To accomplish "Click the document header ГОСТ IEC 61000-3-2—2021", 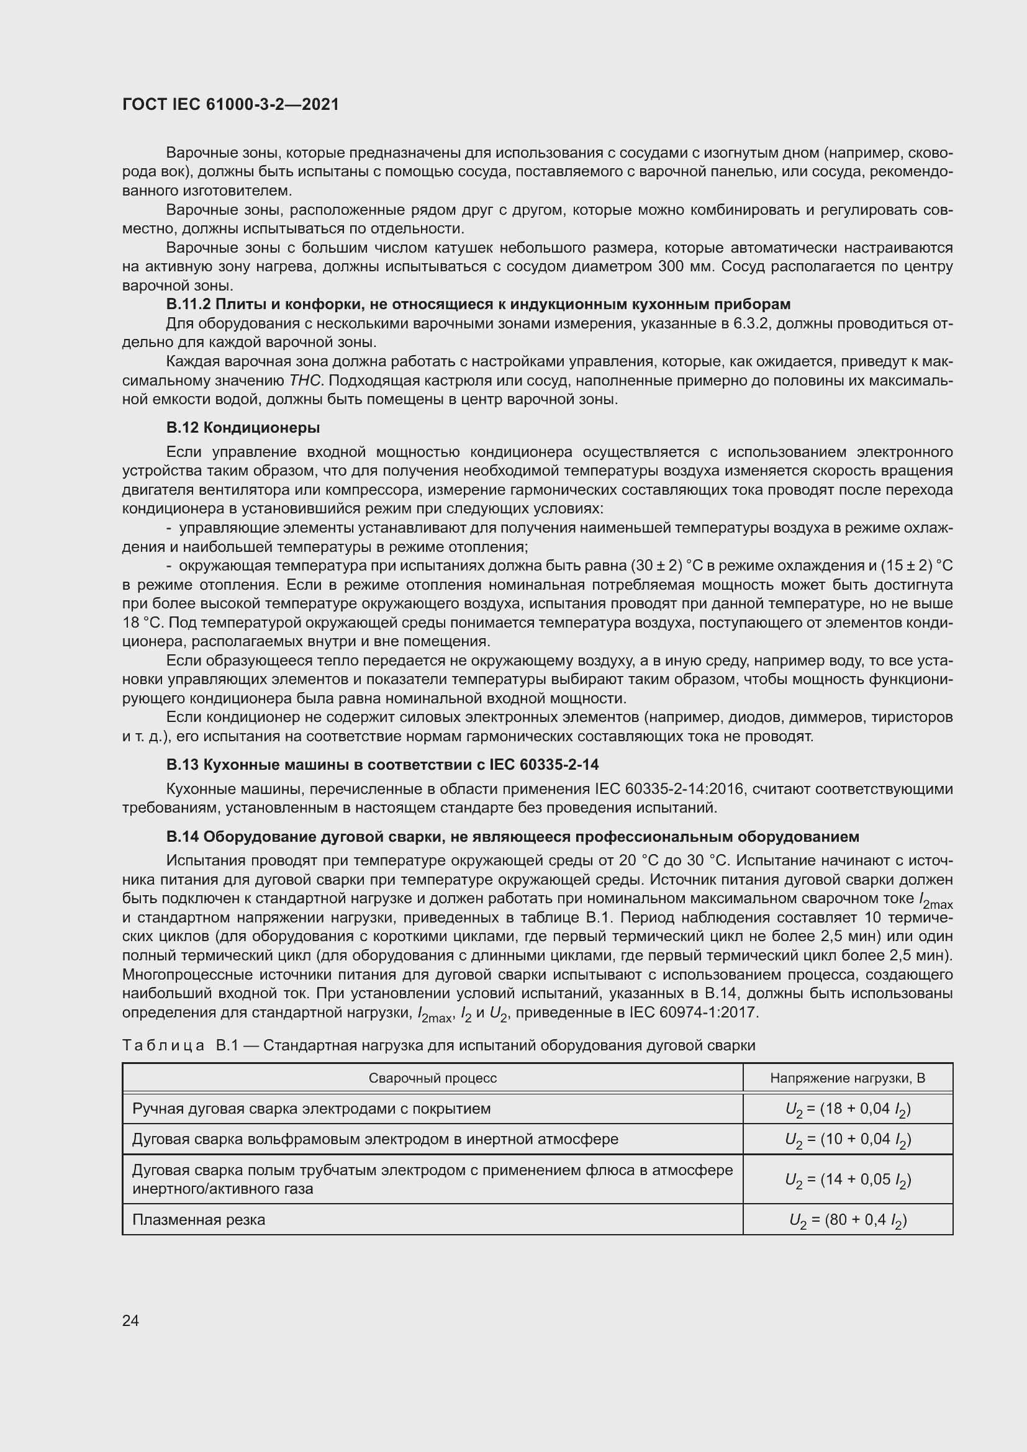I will point(231,104).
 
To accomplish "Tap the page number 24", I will point(131,1320).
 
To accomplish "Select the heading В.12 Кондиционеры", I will point(243,428).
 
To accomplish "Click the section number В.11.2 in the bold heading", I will point(189,304).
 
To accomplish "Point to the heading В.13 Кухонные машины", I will point(382,765).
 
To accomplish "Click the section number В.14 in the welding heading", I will point(181,837).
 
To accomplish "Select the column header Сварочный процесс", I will point(433,1078).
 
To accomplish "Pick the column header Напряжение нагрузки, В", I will point(848,1078).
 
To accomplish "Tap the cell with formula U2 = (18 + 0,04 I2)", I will point(848,1109).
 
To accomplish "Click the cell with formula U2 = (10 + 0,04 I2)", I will point(848,1140).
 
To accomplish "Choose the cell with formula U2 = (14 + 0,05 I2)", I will point(848,1179).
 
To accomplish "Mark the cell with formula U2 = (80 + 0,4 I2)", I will point(848,1220).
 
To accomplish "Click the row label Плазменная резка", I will point(199,1219).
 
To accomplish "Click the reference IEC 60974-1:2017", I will point(694,1012).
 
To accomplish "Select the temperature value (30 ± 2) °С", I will point(677,566).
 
